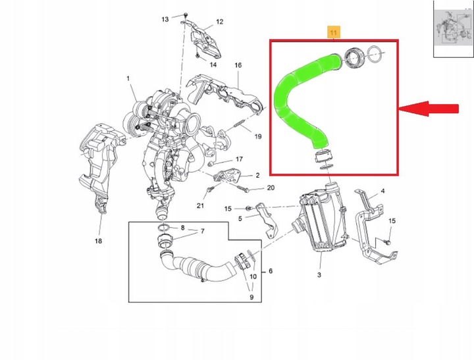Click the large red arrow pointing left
[431, 109]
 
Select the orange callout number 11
[334, 32]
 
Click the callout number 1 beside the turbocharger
[128, 79]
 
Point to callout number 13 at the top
[165, 18]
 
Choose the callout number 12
[219, 22]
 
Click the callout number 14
[213, 64]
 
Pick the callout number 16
[238, 65]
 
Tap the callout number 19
[258, 137]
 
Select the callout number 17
[240, 159]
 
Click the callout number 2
[257, 175]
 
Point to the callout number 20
[270, 188]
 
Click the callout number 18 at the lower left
[98, 242]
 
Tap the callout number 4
[382, 192]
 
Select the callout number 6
[270, 270]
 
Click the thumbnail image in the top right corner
[452, 28]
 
